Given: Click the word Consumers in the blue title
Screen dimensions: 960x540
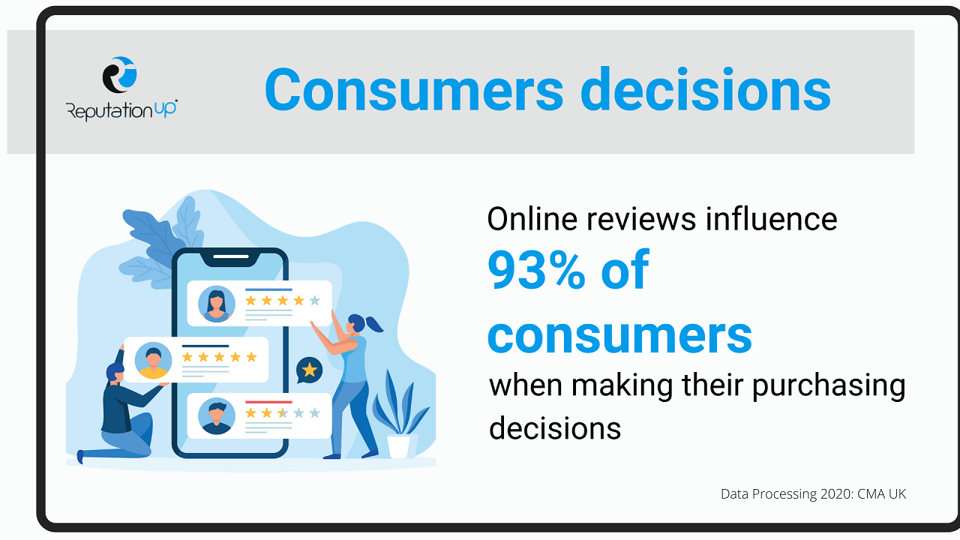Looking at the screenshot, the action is pyautogui.click(x=414, y=90).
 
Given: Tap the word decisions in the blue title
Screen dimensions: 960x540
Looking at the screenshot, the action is pyautogui.click(x=706, y=89).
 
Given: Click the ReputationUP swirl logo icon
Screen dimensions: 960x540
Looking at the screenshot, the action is pyautogui.click(x=119, y=75).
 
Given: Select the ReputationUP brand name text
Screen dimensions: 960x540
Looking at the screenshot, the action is pyautogui.click(x=121, y=109).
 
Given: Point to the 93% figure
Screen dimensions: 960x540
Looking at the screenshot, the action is pyautogui.click(x=536, y=271).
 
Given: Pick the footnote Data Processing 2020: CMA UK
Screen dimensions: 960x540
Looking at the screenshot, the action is pyautogui.click(x=814, y=494).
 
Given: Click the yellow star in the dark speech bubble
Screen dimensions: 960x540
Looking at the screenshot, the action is pyautogui.click(x=309, y=370).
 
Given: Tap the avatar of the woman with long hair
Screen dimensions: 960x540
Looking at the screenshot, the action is pyautogui.click(x=217, y=304).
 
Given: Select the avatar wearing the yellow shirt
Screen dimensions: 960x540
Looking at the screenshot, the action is pyautogui.click(x=154, y=361).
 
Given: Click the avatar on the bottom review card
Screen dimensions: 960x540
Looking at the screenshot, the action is pyautogui.click(x=217, y=416).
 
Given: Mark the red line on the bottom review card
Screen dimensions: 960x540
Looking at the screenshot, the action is pyautogui.click(x=268, y=402).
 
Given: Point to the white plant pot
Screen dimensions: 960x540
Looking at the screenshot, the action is pyautogui.click(x=398, y=446).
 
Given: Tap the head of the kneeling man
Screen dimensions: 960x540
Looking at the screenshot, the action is pyautogui.click(x=115, y=373).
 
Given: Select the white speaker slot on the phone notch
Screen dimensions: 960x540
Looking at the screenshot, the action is pyautogui.click(x=231, y=256).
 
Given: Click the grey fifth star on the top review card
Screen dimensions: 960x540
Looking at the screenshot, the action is pyautogui.click(x=314, y=301).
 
